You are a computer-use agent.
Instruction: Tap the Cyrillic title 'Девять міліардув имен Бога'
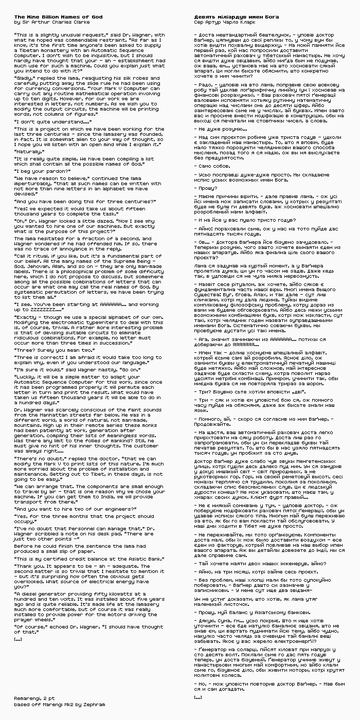[237, 17]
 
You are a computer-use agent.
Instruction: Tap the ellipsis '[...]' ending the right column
[198, 697]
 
